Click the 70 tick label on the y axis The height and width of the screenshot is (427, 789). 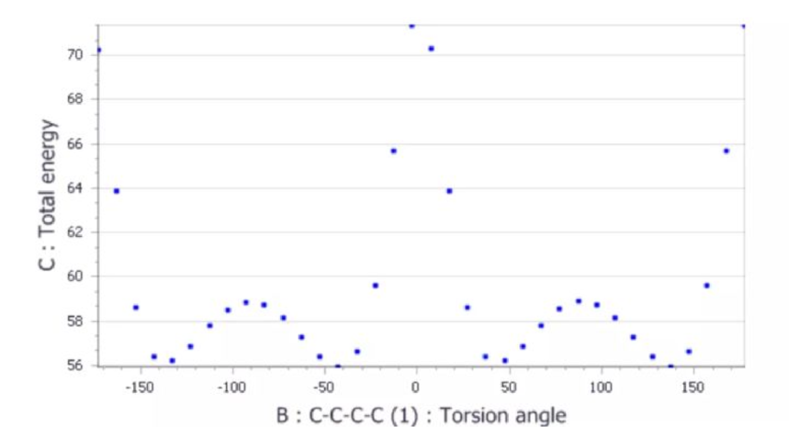point(76,55)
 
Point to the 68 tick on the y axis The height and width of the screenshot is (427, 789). point(76,99)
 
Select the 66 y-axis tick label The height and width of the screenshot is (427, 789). point(76,144)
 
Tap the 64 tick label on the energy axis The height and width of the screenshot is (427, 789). point(76,188)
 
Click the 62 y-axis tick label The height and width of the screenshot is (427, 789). point(76,232)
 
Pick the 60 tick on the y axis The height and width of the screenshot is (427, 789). point(76,277)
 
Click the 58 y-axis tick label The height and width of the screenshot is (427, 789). point(76,321)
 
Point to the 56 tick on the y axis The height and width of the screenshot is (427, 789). point(76,365)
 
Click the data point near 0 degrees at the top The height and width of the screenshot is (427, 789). point(411,26)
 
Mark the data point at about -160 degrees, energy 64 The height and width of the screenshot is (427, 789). point(117,191)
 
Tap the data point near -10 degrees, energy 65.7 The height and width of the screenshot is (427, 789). point(393,151)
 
